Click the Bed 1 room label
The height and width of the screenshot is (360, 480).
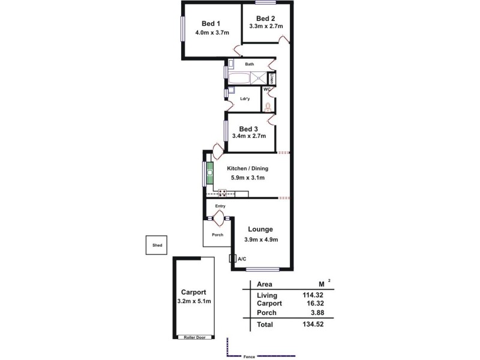207,23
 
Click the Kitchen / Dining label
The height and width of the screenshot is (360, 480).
248,169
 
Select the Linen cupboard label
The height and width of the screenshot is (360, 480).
272,79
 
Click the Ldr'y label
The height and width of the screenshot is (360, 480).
244,98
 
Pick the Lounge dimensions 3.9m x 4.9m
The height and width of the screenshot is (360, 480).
260,239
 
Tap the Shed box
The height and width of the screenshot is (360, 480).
157,245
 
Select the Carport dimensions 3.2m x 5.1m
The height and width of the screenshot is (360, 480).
194,301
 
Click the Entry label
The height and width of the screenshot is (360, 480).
220,206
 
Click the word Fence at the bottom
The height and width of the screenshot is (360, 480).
249,357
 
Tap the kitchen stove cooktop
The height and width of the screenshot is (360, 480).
223,192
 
